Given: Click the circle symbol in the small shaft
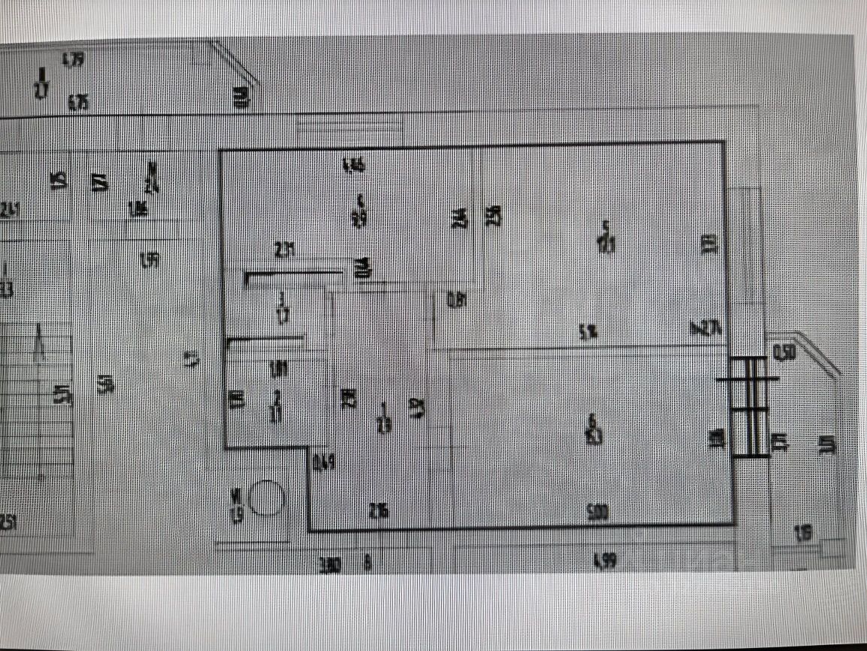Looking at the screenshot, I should click(x=266, y=498).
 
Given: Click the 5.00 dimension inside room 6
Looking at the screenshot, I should click(x=597, y=513).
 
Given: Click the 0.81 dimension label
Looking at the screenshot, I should click(x=457, y=301).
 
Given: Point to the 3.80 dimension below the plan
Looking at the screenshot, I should click(x=330, y=565).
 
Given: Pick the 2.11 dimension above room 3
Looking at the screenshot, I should click(x=285, y=250).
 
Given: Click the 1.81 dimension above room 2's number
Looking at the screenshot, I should click(x=279, y=368).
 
